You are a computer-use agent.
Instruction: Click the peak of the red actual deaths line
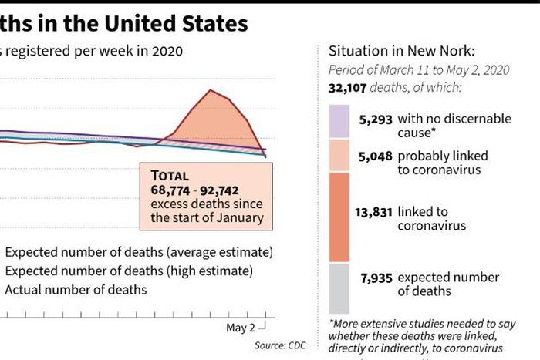pyautogui.click(x=209, y=90)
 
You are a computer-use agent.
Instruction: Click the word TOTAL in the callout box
pyautogui.click(x=169, y=176)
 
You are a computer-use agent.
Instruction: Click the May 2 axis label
pyautogui.click(x=241, y=328)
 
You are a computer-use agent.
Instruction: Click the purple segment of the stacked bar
pyautogui.click(x=339, y=122)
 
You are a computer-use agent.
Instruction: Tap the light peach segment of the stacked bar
pyautogui.click(x=339, y=156)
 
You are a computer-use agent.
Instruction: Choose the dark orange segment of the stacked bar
pyautogui.click(x=339, y=217)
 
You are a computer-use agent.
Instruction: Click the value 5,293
pyautogui.click(x=376, y=119)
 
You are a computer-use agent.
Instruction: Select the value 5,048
pyautogui.click(x=376, y=156)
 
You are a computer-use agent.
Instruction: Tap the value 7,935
pyautogui.click(x=376, y=278)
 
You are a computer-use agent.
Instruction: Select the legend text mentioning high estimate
pyautogui.click(x=129, y=271)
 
